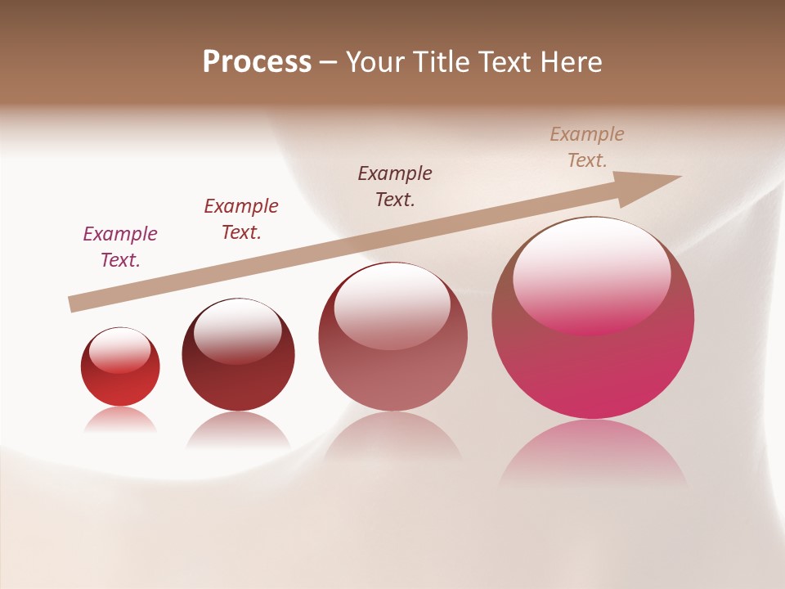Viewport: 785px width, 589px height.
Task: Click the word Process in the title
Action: tap(257, 62)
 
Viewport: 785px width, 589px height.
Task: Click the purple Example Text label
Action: tap(120, 246)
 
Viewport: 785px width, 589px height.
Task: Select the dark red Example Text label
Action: tap(241, 218)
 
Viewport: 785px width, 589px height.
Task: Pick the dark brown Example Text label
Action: tap(395, 186)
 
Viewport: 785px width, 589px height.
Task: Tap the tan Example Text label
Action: tap(587, 146)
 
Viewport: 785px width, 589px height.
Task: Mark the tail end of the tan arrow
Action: tap(72, 304)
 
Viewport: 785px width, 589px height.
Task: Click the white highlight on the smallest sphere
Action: tap(119, 351)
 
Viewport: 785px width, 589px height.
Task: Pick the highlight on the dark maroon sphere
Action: tap(237, 331)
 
